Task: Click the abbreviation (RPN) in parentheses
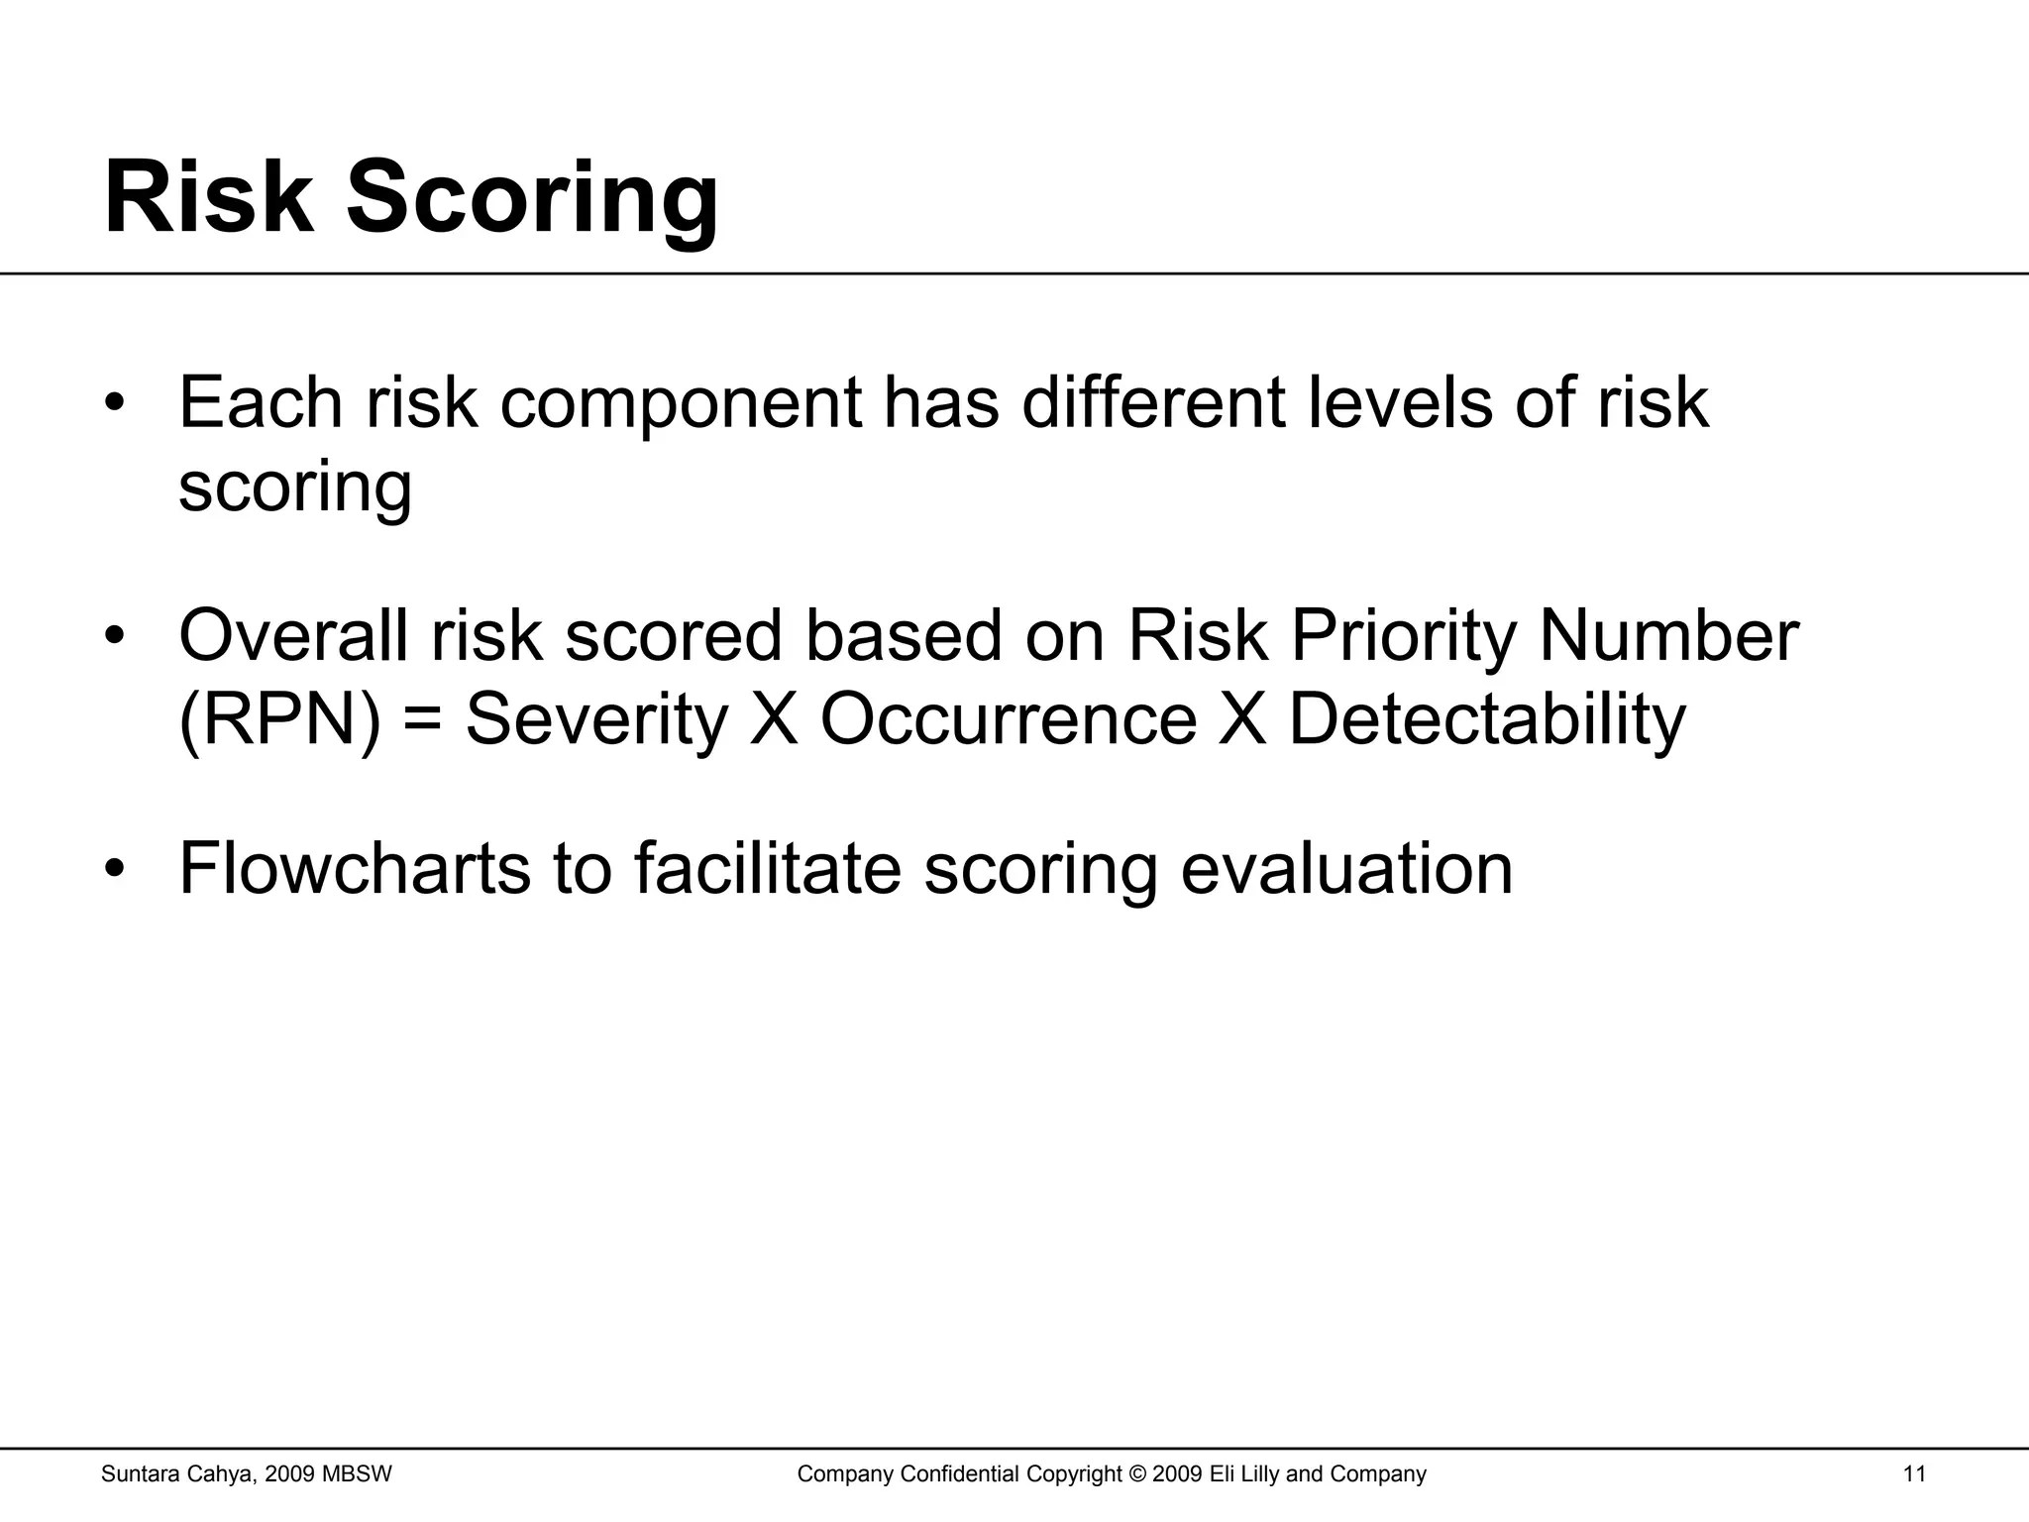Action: pyautogui.click(x=278, y=719)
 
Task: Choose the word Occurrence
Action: pyautogui.click(x=1008, y=719)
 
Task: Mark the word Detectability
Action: pyautogui.click(x=1486, y=720)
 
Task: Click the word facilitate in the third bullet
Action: pyautogui.click(x=767, y=868)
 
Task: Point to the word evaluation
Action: pyautogui.click(x=1346, y=868)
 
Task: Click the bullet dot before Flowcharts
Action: pyautogui.click(x=116, y=870)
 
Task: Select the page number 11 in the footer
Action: pyautogui.click(x=1914, y=1474)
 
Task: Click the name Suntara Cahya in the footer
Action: pyautogui.click(x=179, y=1474)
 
